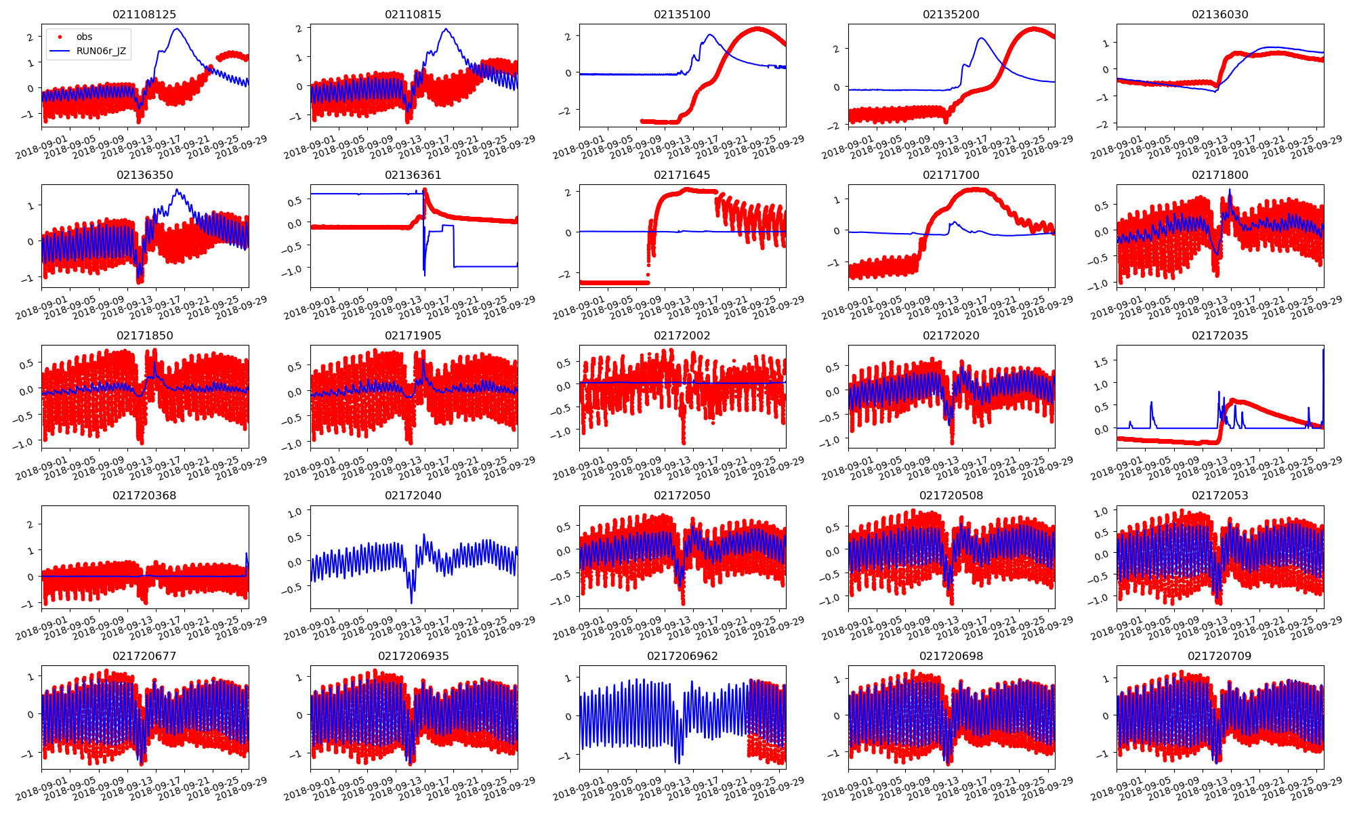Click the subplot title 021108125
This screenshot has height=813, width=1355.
coord(145,14)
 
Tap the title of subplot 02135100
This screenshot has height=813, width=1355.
coord(682,14)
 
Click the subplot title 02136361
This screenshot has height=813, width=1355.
coord(413,175)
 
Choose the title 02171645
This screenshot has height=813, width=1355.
coord(682,175)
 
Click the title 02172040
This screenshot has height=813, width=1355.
coord(413,495)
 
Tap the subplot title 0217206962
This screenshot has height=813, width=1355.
coord(682,656)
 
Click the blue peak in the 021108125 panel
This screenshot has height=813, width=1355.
coord(177,29)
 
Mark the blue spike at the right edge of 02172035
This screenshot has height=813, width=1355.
coord(1322,350)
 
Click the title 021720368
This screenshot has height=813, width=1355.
coord(145,495)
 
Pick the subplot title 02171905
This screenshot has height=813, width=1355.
coord(413,335)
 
